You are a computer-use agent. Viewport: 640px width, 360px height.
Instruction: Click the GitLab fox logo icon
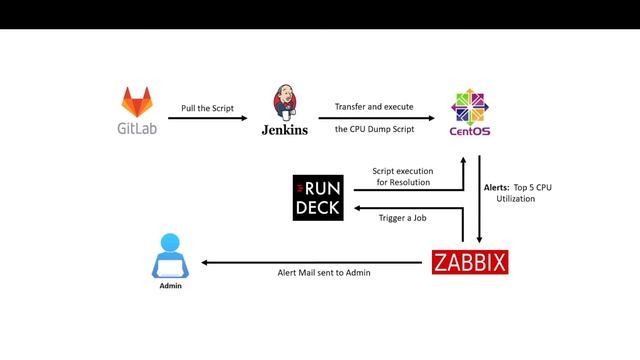pos(138,102)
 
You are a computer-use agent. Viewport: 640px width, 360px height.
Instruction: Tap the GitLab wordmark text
pos(138,128)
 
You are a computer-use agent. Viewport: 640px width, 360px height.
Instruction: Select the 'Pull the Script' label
pos(207,106)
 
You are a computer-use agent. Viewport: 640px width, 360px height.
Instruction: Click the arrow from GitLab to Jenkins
pos(207,119)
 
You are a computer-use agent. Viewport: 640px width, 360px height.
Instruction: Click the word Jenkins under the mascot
pos(284,129)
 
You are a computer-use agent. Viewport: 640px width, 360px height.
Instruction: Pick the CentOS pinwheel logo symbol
pos(469,105)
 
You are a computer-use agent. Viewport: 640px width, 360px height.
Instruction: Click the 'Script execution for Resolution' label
pos(402,177)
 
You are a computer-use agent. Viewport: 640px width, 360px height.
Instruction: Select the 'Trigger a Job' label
pos(402,219)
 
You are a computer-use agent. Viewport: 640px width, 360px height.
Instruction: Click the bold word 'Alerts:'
pos(497,187)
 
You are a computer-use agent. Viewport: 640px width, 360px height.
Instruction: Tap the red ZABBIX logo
pos(470,263)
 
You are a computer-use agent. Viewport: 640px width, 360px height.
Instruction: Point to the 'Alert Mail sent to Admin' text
pos(317,272)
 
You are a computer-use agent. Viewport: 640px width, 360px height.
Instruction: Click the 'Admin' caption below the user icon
pos(171,286)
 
